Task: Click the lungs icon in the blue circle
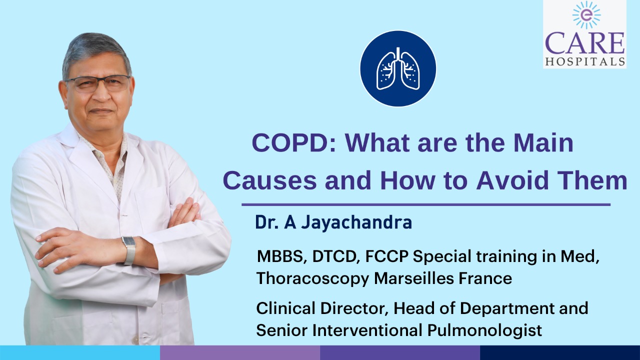(x=398, y=68)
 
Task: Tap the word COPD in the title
(x=293, y=143)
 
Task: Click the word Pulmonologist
(x=484, y=330)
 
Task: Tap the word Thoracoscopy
(x=313, y=278)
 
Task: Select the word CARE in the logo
(x=585, y=43)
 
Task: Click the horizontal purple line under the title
(x=426, y=204)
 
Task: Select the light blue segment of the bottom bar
(x=80, y=352)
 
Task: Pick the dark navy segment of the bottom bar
(x=560, y=352)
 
